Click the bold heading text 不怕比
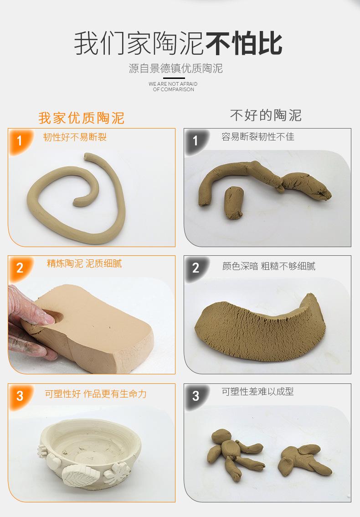click(244, 44)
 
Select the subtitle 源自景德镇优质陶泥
click(175, 69)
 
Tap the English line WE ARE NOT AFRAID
click(173, 84)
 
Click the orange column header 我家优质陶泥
click(81, 118)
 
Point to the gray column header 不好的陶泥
click(266, 115)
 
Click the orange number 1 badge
click(19, 140)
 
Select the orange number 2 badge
click(19, 268)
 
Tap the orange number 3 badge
click(19, 395)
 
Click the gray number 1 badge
click(195, 140)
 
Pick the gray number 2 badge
click(195, 268)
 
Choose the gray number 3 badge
click(195, 395)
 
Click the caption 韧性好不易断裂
click(75, 137)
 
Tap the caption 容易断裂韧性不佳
click(258, 137)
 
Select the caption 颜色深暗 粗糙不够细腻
click(268, 266)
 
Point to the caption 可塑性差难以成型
click(257, 392)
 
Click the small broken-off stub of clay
click(234, 203)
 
